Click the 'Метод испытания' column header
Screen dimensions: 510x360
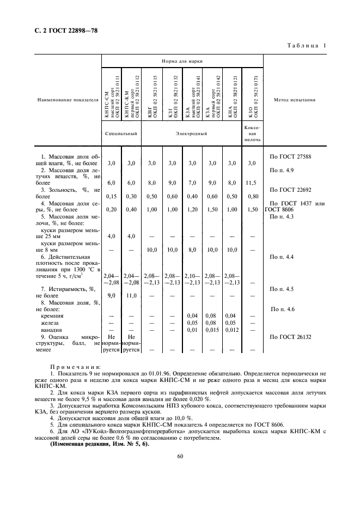[x=296, y=100]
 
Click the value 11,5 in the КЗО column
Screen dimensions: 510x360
[x=252, y=183]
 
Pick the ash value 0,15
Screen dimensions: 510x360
[x=111, y=196]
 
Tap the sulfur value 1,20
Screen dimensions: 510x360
[x=192, y=209]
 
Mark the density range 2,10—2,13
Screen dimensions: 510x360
[x=192, y=279]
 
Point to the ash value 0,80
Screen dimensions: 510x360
[x=252, y=196]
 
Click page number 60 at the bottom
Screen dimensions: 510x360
[x=180, y=456]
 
